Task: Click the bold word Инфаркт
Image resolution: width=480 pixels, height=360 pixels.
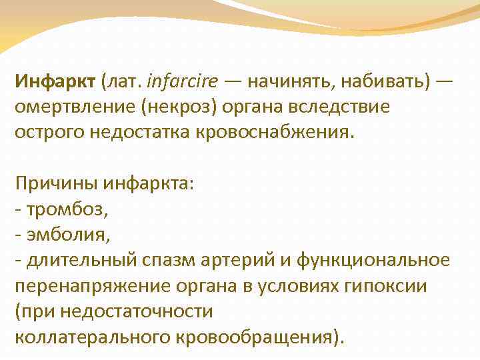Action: coord(55,83)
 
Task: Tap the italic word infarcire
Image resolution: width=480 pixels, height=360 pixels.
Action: coord(181,83)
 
